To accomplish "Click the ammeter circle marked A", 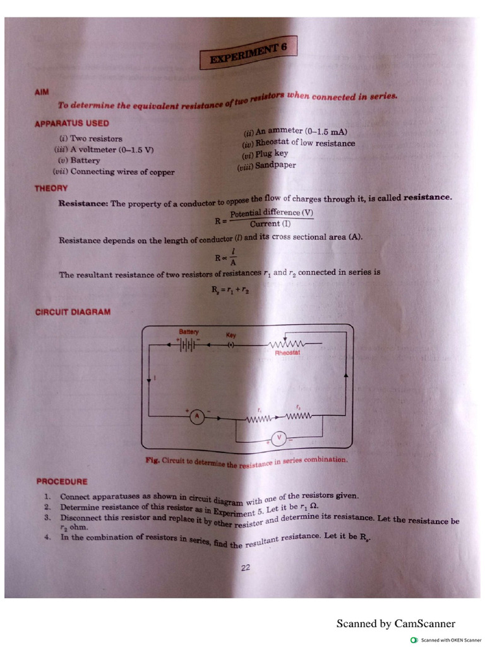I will pyautogui.click(x=196, y=416).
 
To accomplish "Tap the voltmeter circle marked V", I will pyautogui.click(x=279, y=437).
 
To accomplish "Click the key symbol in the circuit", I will pyautogui.click(x=231, y=345).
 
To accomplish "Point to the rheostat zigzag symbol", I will pyautogui.click(x=287, y=344).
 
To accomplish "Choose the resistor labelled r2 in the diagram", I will pyautogui.click(x=299, y=416).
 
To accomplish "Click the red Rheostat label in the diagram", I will pyautogui.click(x=287, y=353).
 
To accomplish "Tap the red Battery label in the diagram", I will pyautogui.click(x=189, y=332).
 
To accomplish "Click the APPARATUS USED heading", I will pyautogui.click(x=71, y=123).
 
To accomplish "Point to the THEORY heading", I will pyautogui.click(x=51, y=188).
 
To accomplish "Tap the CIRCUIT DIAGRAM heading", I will pyautogui.click(x=73, y=311).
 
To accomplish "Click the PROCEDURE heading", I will pyautogui.click(x=62, y=481).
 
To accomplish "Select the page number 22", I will pyautogui.click(x=246, y=567).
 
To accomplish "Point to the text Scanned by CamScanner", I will pyautogui.click(x=395, y=624).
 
